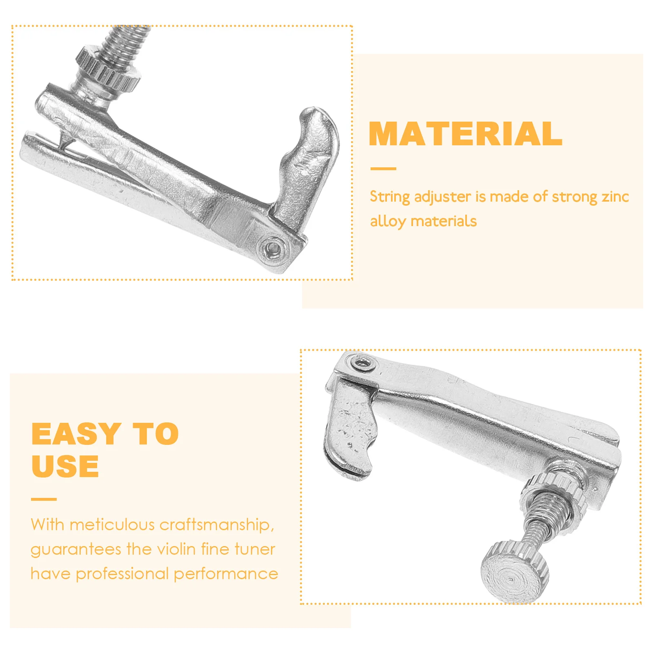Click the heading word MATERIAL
(x=465, y=134)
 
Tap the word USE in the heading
(x=65, y=466)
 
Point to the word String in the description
(x=389, y=197)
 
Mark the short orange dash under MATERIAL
(x=383, y=169)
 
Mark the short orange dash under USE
(x=44, y=499)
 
